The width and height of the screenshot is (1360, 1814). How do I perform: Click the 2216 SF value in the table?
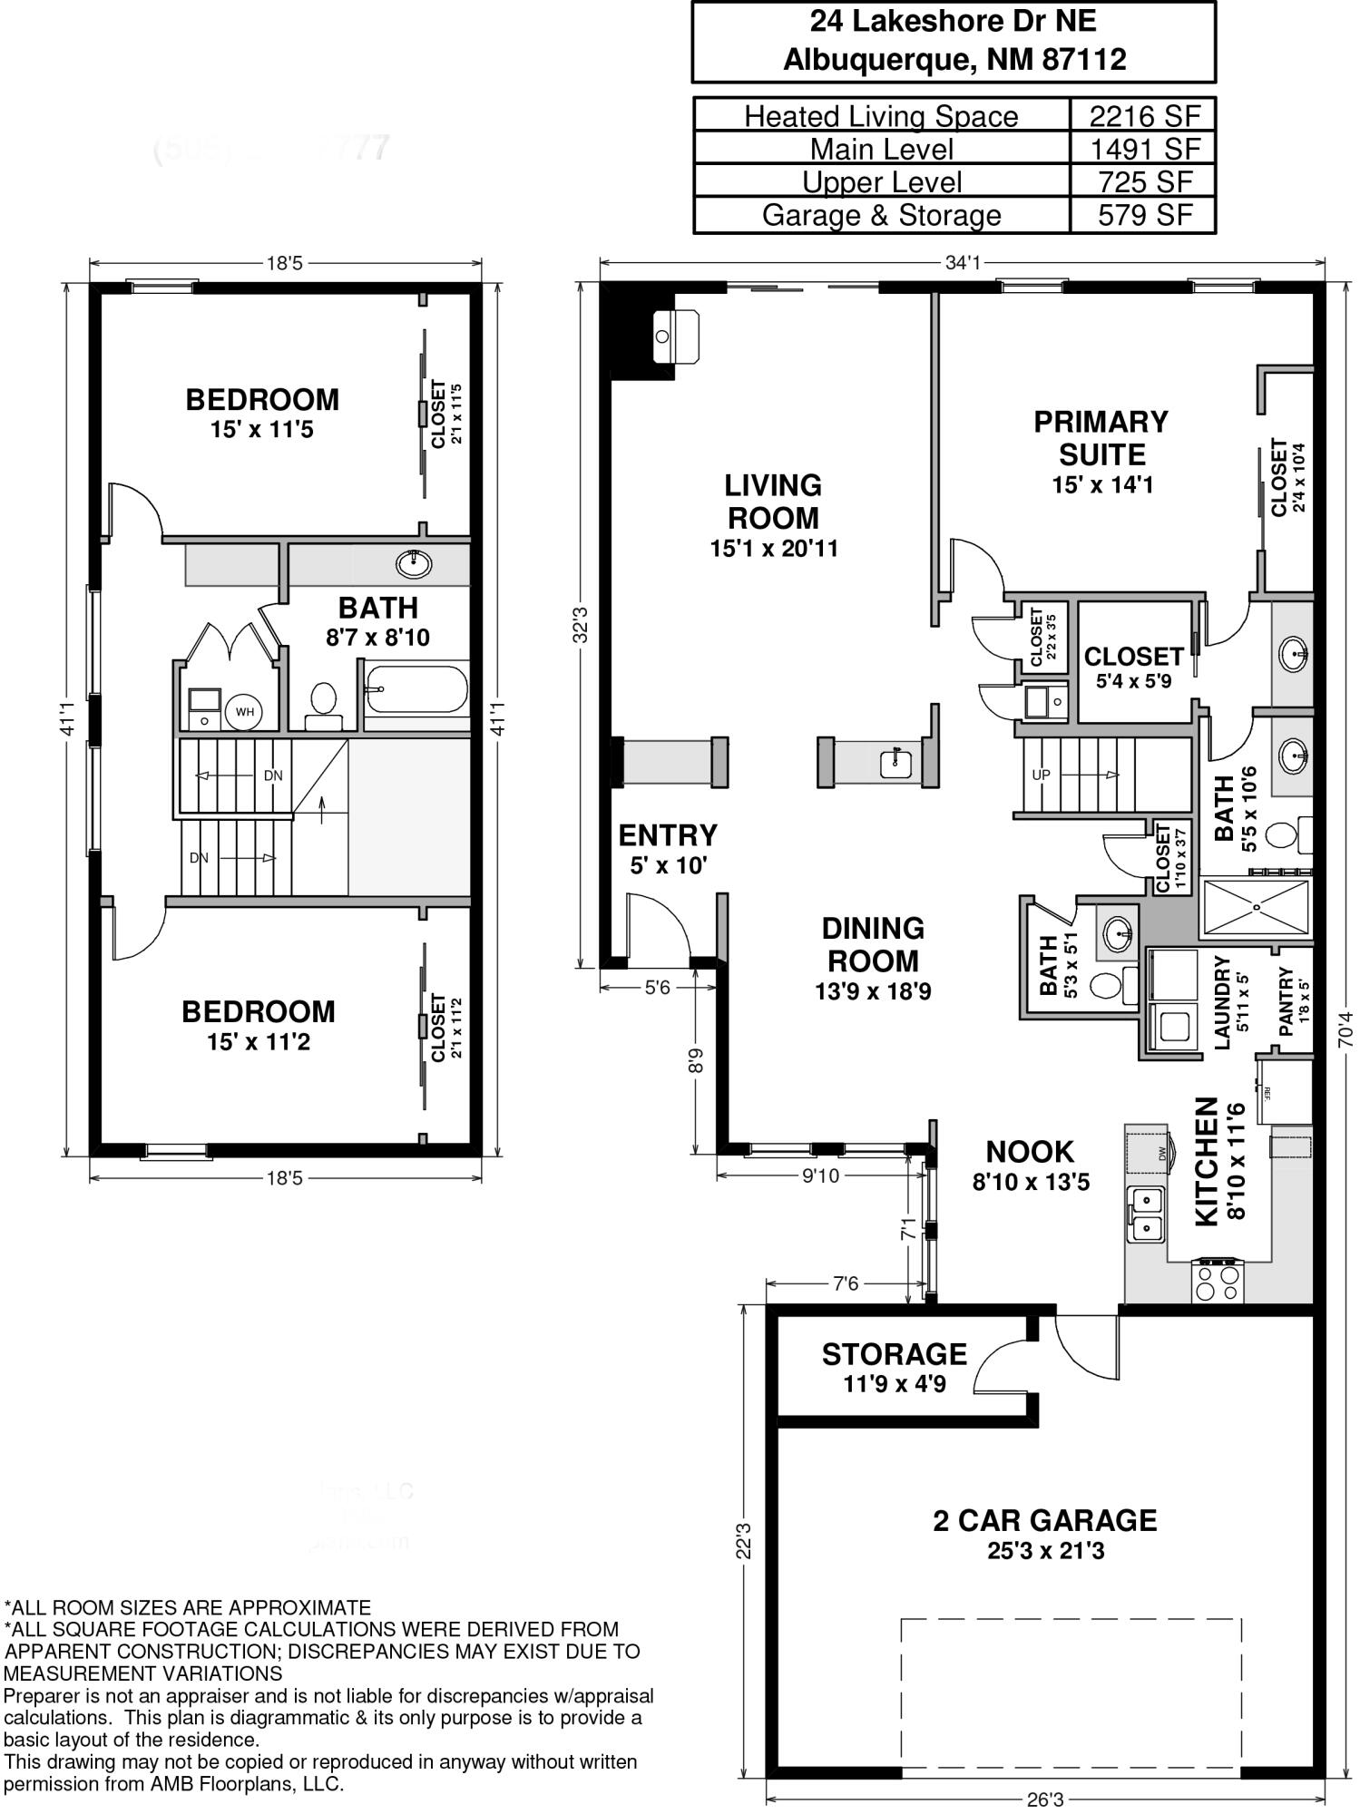[x=1144, y=116]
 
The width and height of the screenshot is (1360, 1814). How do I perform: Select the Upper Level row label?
[x=881, y=182]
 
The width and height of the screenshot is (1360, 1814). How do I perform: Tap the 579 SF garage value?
[x=1144, y=215]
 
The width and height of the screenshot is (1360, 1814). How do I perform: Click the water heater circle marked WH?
[x=244, y=712]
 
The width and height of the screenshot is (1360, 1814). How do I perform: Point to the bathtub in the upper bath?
[x=416, y=690]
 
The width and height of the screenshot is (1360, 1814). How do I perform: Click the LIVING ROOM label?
[x=773, y=502]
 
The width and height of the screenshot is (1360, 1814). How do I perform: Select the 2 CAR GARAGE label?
[x=1045, y=1520]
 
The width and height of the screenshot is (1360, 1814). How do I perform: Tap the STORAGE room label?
[x=894, y=1354]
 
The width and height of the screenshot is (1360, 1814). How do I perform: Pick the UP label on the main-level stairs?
[x=1041, y=775]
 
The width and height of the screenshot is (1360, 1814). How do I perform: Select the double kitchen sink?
[x=1147, y=1214]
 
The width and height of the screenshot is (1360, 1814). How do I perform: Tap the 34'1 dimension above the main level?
[x=963, y=263]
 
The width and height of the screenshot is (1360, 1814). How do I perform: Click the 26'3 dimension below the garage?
[x=1045, y=1799]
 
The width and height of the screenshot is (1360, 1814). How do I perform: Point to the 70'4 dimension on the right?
[x=1345, y=1029]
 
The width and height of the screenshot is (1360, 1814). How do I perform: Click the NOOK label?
[x=1030, y=1152]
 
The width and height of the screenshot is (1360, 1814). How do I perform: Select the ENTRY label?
[x=668, y=835]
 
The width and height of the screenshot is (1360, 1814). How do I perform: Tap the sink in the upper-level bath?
[x=414, y=564]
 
